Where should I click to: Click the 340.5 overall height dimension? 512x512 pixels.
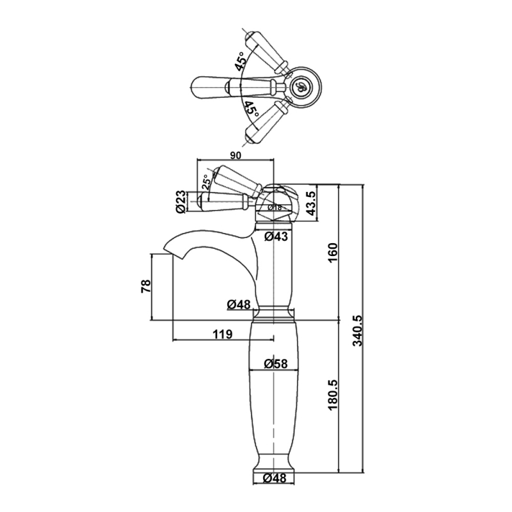coord(358,330)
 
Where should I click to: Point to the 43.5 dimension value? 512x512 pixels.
coord(311,204)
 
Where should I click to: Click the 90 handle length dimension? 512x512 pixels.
coord(236,156)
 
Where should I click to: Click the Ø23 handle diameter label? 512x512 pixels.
coord(180,202)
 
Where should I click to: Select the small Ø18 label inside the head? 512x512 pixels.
coord(275,207)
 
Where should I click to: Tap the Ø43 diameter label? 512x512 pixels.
coord(276,236)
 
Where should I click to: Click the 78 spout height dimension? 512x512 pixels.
coord(146,285)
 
